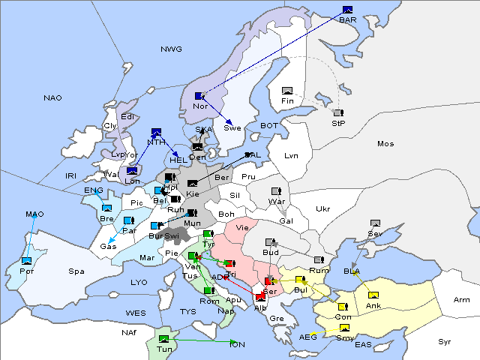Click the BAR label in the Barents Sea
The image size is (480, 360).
[x=347, y=19]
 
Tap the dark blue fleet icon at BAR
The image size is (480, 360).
[x=347, y=10]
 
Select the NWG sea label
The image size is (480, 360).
[x=171, y=49]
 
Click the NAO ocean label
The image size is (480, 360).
[x=52, y=98]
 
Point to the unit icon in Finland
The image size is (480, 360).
[x=287, y=91]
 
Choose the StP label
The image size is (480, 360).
[x=337, y=123]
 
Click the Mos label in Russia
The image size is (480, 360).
[x=385, y=143]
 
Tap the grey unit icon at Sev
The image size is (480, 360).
[x=375, y=223]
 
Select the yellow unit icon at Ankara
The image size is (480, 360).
[x=373, y=295]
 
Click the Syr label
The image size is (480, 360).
[x=445, y=341]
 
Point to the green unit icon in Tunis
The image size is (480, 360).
[x=164, y=339]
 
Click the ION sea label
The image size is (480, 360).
[x=236, y=344]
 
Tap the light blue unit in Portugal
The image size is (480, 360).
[x=26, y=260]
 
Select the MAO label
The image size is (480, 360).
[x=34, y=214]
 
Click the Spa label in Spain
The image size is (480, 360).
[x=76, y=271]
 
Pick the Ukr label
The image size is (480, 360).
[x=323, y=209]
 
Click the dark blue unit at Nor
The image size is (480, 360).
[x=199, y=96]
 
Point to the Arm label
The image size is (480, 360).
[x=462, y=300]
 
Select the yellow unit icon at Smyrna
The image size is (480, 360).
[x=343, y=328]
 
